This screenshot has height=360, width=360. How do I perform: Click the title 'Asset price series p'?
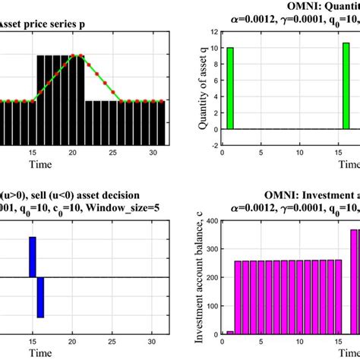[42, 24]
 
